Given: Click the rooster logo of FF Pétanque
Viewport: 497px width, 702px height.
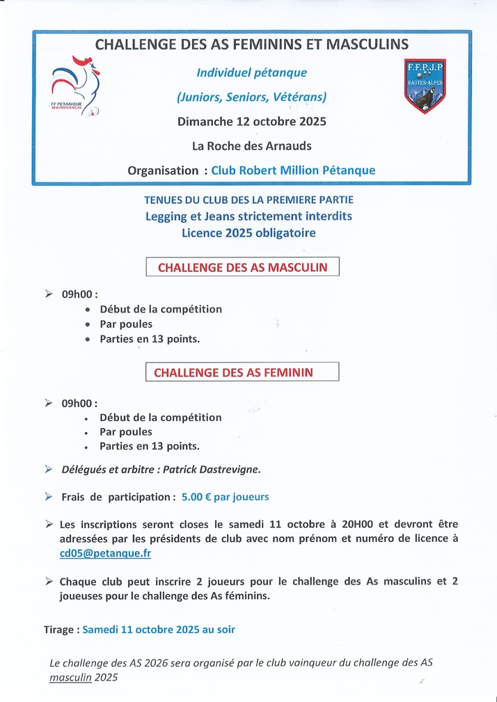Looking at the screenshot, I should point(76,86).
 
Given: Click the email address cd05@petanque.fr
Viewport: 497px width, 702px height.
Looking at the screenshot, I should point(105,553).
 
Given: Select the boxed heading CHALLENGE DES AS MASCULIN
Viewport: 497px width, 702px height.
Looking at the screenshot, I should point(242,267).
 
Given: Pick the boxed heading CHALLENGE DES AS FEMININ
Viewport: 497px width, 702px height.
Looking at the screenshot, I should point(233,372).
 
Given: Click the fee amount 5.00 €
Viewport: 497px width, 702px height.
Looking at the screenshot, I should point(198,497).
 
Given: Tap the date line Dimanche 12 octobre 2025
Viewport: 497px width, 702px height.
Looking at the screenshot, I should point(251,121).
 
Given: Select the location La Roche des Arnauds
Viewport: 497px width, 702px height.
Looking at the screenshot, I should point(251,146).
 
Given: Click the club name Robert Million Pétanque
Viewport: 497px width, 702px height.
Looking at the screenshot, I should point(293,170).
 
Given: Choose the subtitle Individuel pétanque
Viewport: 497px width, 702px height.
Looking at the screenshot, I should point(251,72).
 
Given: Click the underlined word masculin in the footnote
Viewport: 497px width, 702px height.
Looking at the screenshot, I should point(70,677).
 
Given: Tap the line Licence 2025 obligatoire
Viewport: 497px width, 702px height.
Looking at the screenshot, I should point(248,233).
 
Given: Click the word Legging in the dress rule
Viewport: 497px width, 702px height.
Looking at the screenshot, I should point(166,216).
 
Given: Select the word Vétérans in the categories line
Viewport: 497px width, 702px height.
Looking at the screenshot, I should point(299,97).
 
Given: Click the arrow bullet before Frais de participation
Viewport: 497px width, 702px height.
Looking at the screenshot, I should point(48,497).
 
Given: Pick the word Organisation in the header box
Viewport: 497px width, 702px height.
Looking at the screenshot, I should point(163,170).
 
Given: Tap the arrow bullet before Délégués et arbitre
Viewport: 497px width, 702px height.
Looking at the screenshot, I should point(48,470).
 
